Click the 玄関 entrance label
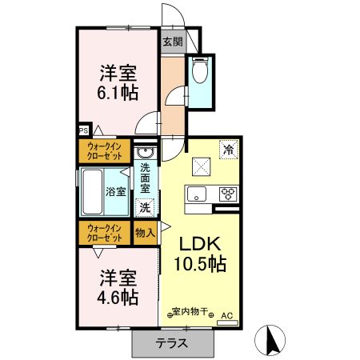[x=172, y=42]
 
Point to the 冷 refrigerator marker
[x=228, y=149]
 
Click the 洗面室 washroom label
[x=146, y=180]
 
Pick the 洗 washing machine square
[x=145, y=207]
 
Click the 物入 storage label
[x=145, y=234]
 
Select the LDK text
[x=198, y=244]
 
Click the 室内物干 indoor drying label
[x=189, y=314]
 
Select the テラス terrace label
[x=171, y=344]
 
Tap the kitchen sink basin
[x=198, y=194]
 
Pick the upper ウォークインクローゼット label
[x=106, y=152]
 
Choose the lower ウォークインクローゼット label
[x=106, y=234]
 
